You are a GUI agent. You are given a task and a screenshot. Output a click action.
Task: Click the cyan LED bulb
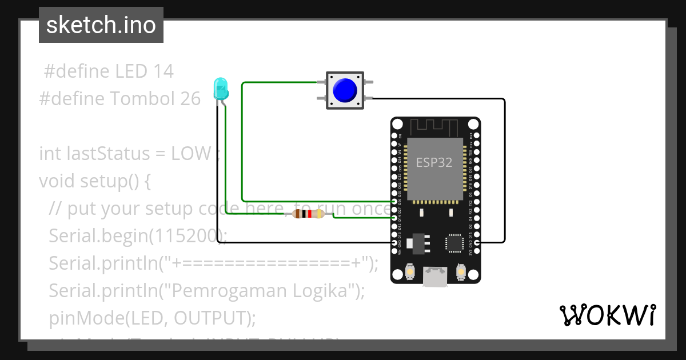tap(220, 89)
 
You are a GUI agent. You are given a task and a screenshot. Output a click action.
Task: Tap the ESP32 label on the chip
tap(434, 162)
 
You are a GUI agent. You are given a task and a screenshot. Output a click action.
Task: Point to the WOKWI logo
tap(607, 315)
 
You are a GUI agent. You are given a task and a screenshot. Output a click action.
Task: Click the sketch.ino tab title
tap(101, 25)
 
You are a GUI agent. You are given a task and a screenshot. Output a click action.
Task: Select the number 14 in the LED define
tap(163, 71)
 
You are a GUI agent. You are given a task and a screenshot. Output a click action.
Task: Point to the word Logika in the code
tap(324, 291)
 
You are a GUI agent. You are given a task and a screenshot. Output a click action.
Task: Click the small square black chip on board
tap(456, 242)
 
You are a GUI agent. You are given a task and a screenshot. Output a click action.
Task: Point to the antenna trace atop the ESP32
tap(435, 127)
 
